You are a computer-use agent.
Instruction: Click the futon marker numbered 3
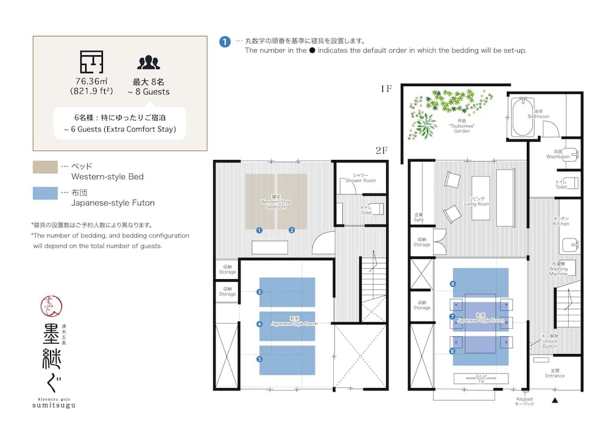pos(259,292)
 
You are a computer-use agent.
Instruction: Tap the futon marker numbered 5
pos(259,359)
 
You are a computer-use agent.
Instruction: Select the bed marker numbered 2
pos(292,230)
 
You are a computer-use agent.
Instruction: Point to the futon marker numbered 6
pos(452,283)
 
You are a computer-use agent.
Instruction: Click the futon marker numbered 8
pos(452,351)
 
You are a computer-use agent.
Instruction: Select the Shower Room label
pos(361,178)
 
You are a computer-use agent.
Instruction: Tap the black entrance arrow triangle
pos(555,400)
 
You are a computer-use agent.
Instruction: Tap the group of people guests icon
pos(148,62)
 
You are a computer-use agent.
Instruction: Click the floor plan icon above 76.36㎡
pos(91,62)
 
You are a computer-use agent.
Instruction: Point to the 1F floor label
pos(385,89)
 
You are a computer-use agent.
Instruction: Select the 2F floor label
pos(382,150)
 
